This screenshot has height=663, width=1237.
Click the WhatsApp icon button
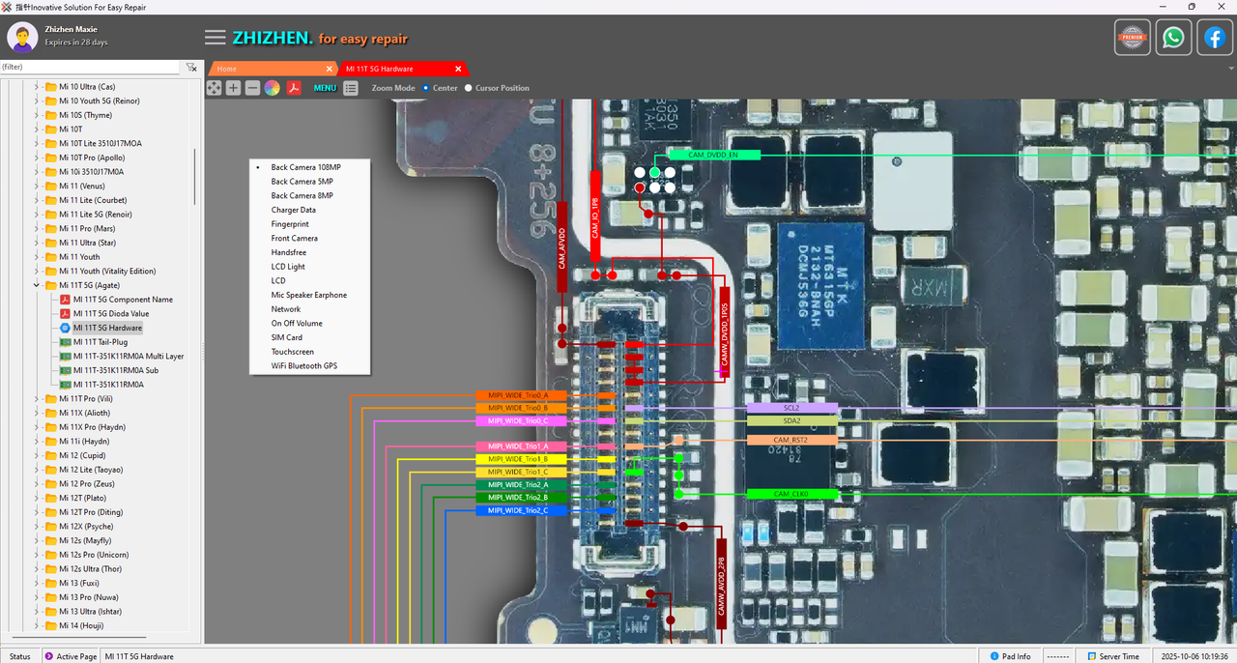1173,38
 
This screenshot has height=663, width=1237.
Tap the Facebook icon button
1215,38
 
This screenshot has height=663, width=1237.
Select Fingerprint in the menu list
290,224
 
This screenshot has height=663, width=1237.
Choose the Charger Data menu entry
293,210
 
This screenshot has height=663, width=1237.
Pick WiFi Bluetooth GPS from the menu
303,366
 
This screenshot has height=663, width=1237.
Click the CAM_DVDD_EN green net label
713,155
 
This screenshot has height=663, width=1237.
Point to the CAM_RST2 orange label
791,440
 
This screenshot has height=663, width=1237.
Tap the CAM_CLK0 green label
791,494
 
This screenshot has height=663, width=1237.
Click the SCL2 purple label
791,408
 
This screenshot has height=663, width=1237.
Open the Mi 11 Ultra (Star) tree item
87,243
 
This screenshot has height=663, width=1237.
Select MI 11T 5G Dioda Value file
110,314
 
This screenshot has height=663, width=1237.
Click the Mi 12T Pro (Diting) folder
90,512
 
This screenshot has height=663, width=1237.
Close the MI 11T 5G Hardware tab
458,69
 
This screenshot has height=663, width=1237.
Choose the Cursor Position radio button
469,88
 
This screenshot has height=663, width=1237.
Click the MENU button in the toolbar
325,88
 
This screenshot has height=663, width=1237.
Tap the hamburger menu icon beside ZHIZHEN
216,38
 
